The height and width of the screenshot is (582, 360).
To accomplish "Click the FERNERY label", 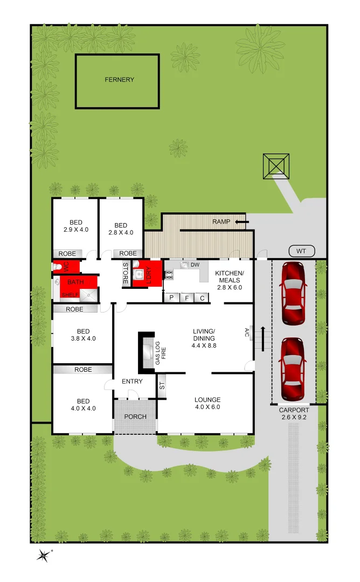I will coord(119,80).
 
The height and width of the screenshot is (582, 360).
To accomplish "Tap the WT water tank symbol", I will coord(301,251).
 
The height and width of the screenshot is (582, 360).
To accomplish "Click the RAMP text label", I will coord(221,221).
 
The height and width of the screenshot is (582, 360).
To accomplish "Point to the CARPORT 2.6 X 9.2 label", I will coord(294,413).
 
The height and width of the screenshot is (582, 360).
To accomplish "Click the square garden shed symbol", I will coord(276,167).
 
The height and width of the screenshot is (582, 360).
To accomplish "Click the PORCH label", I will coord(135,417).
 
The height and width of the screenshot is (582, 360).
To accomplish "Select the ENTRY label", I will coord(132,382).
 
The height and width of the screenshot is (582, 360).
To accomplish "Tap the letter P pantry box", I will coord(171,298).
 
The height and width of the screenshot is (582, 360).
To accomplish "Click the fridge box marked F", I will coord(186,298).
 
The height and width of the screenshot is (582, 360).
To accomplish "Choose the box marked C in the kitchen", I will coord(202,298).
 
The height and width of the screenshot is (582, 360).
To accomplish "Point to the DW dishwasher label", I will coord(195,265).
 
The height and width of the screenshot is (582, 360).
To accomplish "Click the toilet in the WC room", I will coord(57,267).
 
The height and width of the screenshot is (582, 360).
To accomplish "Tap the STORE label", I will coord(126,273).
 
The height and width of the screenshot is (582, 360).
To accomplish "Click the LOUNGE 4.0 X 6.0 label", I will coord(207,404).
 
